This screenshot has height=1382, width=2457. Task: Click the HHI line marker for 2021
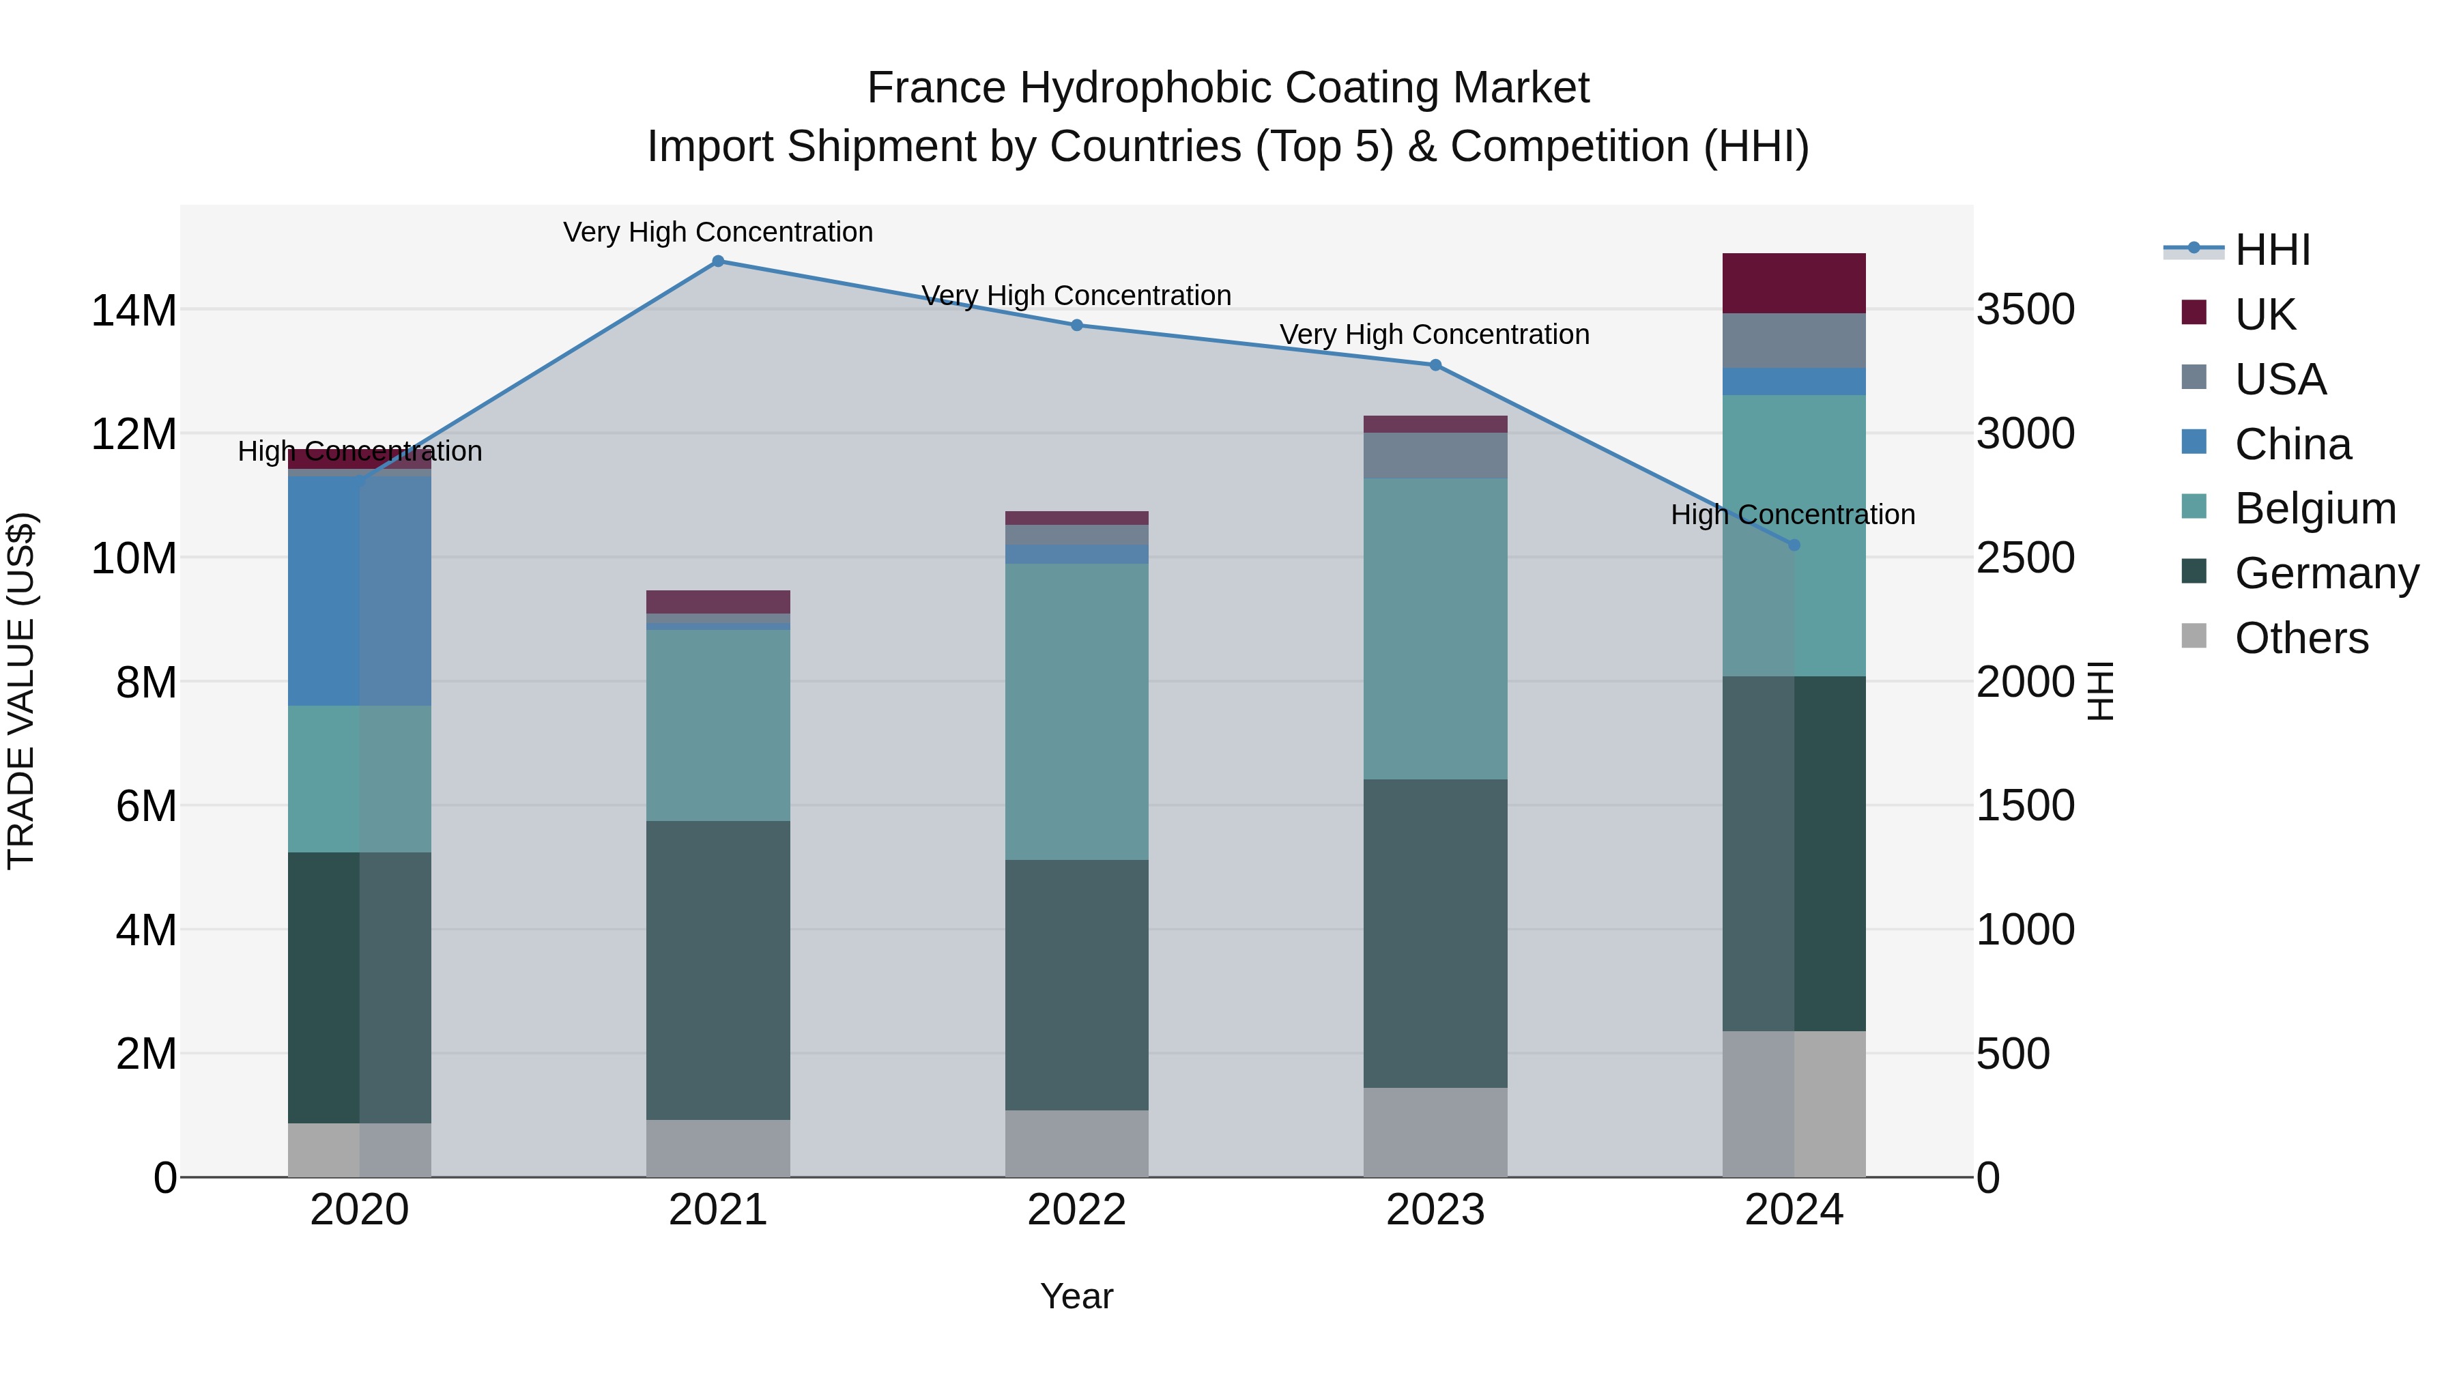[718, 261]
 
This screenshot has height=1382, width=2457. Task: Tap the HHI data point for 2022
[1077, 326]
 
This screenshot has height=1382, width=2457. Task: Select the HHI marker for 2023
[1435, 364]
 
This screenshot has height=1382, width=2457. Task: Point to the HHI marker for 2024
[1794, 545]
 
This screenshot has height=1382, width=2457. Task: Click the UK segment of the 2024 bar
[1794, 283]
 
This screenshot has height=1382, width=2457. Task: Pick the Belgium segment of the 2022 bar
[1077, 712]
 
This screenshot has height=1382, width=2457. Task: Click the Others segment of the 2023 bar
[1435, 1132]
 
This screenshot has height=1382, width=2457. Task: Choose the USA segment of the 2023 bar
[1435, 455]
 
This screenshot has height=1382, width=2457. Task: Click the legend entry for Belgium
[2315, 508]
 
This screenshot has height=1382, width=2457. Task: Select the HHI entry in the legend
[2272, 250]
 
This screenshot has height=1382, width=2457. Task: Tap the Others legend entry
[2301, 638]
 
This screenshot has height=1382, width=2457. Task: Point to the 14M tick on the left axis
[134, 311]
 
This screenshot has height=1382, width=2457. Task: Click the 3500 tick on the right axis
[2025, 310]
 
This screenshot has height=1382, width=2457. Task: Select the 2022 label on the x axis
[1077, 1210]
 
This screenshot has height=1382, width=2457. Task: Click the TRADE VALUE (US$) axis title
[22, 691]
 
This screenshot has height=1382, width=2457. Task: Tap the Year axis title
[1077, 1296]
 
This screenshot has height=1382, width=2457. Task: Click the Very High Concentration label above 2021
[718, 232]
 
